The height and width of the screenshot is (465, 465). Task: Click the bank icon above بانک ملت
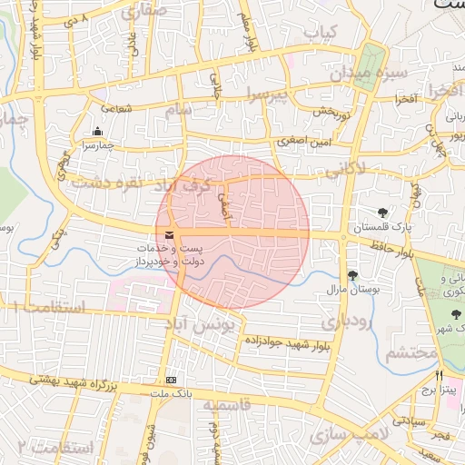pyautogui.click(x=171, y=380)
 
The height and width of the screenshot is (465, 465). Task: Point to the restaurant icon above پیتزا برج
pyautogui.click(x=440, y=374)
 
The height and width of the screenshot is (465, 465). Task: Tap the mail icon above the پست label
pyautogui.click(x=169, y=236)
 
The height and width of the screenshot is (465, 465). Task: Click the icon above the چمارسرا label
pyautogui.click(x=97, y=132)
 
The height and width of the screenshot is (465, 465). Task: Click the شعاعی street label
pyautogui.click(x=116, y=107)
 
